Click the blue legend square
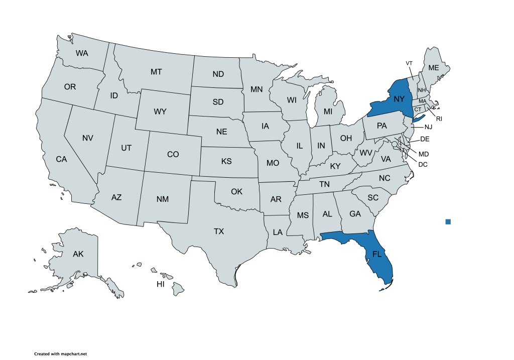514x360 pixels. coord(448,222)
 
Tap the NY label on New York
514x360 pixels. coord(399,99)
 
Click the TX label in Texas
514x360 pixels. coord(219,231)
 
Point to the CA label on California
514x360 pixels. coord(61,159)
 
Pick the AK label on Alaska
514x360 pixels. coord(78,254)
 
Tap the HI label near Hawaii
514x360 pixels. coord(161,284)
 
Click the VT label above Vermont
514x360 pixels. coord(409,63)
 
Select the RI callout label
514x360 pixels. coord(439,119)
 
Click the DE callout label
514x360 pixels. coord(425,139)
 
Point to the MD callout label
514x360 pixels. coord(424,154)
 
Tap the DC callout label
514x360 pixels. coord(423,164)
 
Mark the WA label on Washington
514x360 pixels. coord(82,53)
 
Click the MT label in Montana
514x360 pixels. coord(156,72)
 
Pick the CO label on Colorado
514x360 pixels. coord(173,155)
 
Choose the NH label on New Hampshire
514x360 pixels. coord(422,90)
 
